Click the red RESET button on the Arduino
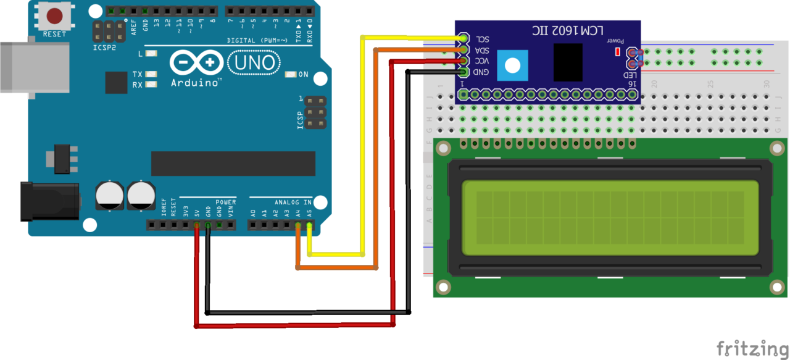tap(54, 15)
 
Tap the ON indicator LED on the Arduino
tap(291, 75)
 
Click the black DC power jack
tap(49, 201)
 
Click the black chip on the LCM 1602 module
tap(568, 62)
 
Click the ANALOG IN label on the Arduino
tap(293, 203)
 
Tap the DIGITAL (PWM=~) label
tap(254, 40)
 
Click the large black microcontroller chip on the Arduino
tap(233, 164)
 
